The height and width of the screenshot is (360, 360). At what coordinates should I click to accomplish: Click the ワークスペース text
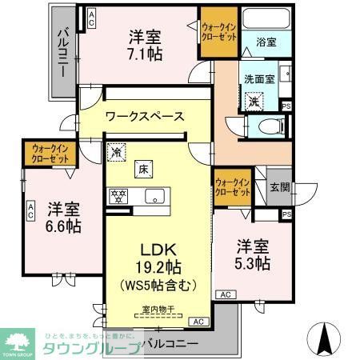pos(144,117)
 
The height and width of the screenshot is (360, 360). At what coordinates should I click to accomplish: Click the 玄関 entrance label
pos(280,187)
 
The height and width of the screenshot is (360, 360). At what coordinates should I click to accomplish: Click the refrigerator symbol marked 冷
pos(117,150)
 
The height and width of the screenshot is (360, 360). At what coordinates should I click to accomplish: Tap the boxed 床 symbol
pos(142,168)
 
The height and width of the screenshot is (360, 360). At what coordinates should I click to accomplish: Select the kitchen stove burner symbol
pos(118,194)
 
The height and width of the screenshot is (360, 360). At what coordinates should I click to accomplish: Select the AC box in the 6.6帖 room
pos(30,210)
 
